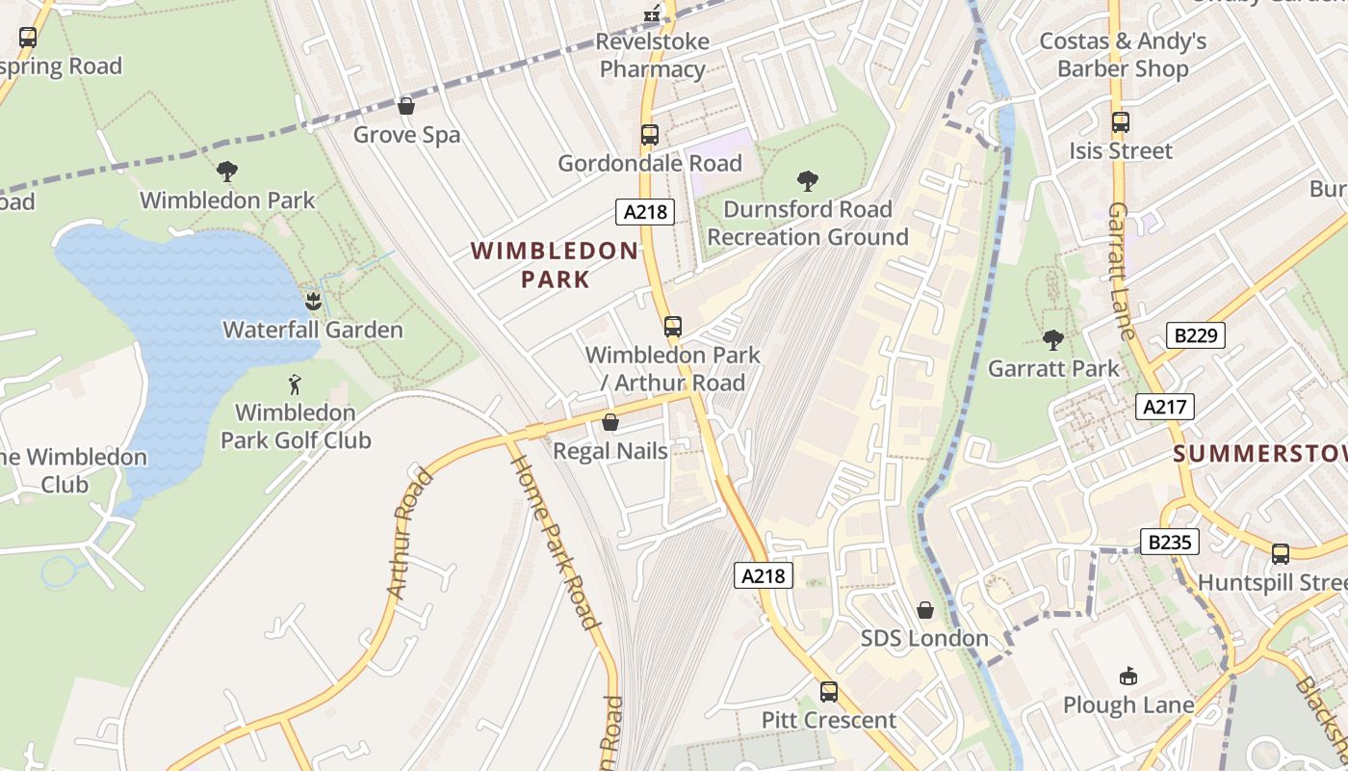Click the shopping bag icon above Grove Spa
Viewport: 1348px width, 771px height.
406,105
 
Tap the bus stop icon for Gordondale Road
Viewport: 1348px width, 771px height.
650,135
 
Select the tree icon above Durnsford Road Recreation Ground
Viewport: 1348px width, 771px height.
808,180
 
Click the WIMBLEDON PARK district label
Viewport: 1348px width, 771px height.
555,265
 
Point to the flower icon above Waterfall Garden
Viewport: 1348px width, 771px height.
313,301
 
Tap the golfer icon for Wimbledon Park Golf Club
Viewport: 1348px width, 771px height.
296,385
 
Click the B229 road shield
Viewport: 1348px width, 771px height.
1196,335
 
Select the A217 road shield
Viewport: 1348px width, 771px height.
1164,407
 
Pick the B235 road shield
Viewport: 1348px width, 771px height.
1170,542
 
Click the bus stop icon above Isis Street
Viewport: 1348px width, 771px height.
1121,122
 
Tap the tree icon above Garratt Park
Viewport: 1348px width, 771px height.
1053,339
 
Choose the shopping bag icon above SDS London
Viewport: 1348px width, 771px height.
924,610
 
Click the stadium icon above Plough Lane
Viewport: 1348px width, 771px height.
1128,676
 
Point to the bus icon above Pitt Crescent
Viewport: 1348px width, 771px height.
828,691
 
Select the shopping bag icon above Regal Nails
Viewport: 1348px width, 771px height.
609,422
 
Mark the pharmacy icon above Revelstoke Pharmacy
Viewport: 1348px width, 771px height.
653,13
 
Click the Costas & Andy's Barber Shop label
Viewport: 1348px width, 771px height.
1123,55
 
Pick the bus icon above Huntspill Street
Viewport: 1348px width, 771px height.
1280,553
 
